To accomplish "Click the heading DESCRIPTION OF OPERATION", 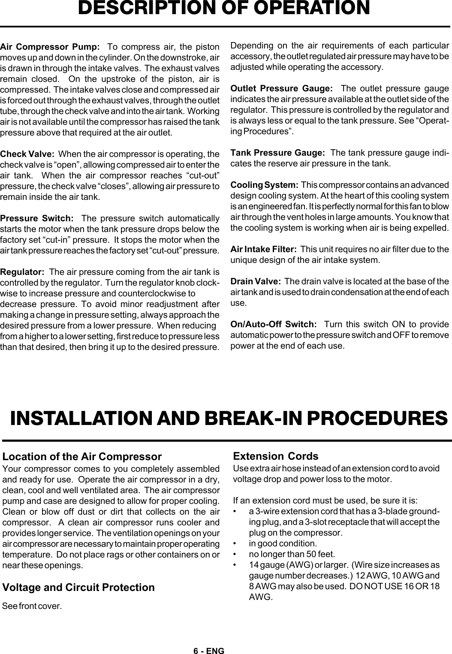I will tap(223, 9).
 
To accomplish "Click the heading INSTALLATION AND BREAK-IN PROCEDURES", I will tap(229, 418).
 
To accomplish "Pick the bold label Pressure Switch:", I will tap(37, 218).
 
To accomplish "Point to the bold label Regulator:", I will tap(23, 272).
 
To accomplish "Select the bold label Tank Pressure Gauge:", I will tap(277, 153).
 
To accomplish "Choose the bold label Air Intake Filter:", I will tap(263, 250).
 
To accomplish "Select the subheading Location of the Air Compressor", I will tap(82, 456).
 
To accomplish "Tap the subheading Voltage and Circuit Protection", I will tap(78, 587).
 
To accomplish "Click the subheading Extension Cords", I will tap(275, 456).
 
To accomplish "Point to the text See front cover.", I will tap(32, 606).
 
